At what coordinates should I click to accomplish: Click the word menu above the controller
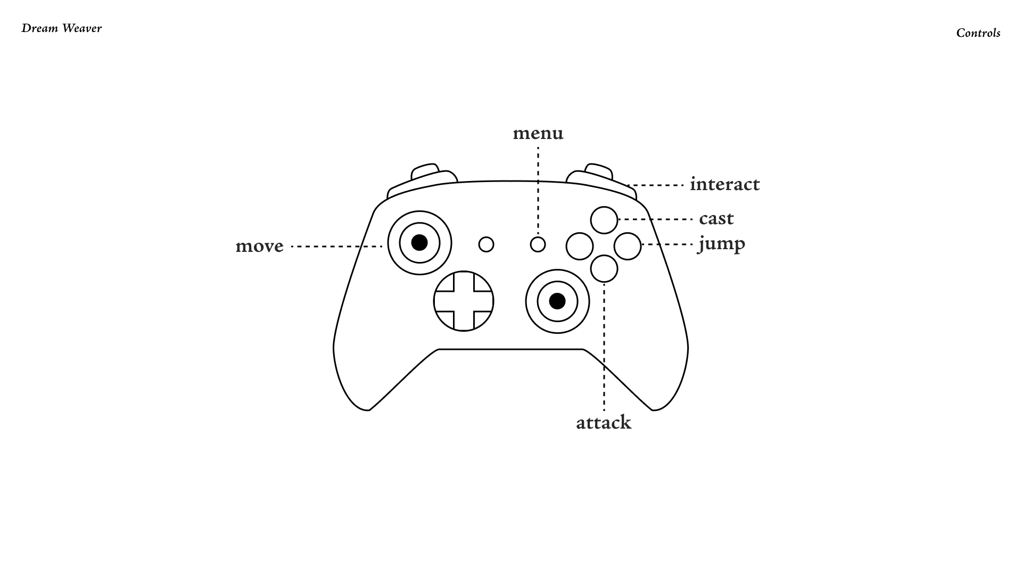coord(538,133)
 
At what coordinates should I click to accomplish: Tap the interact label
coord(724,184)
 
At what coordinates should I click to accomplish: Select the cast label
coord(716,218)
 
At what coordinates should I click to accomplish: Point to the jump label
coord(721,244)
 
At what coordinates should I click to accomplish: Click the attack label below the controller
coord(604,422)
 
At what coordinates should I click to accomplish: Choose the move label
coord(259,246)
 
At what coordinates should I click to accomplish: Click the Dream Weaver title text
coord(62,28)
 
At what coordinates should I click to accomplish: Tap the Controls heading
coord(978,33)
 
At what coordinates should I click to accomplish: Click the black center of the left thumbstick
coord(419,243)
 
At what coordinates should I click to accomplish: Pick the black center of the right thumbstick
coord(557,301)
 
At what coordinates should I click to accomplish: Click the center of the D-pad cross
coord(464,301)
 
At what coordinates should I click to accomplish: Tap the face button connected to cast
coord(604,220)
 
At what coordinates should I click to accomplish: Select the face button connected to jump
coord(628,246)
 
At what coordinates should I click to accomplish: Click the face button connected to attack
coord(604,268)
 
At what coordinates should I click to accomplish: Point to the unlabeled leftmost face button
coord(580,246)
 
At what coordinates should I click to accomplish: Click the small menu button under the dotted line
coord(538,244)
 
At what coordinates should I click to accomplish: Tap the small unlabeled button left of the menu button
coord(487,244)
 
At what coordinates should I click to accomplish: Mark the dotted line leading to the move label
coord(337,247)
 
